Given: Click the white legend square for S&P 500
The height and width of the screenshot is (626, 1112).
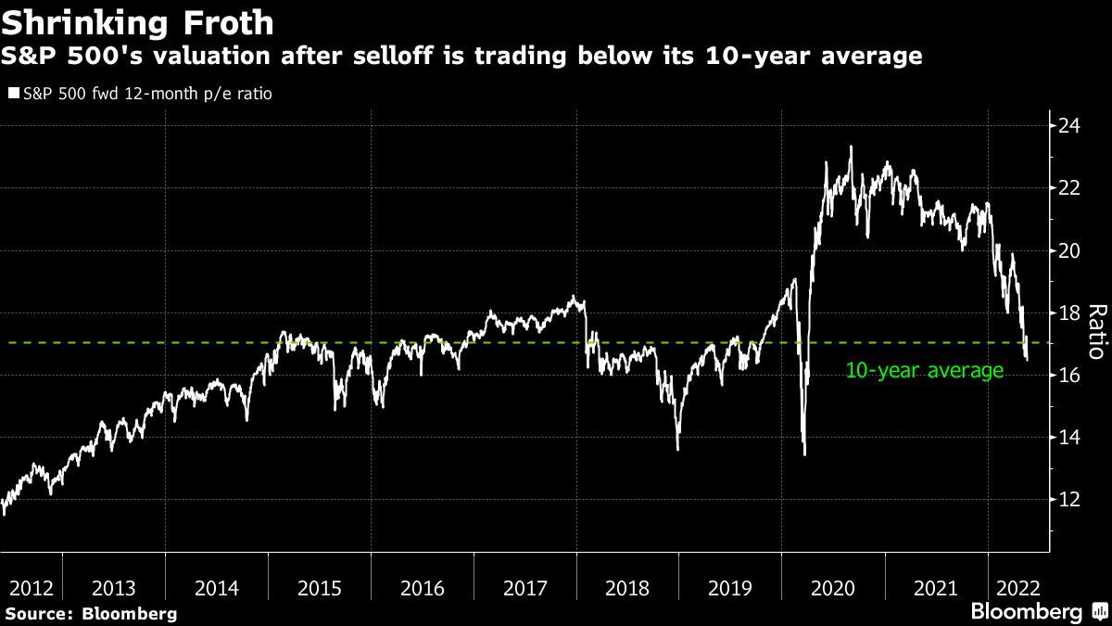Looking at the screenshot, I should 12,94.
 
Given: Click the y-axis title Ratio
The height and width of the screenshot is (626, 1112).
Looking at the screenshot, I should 1094,330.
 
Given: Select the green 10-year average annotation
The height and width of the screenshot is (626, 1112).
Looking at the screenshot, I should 924,371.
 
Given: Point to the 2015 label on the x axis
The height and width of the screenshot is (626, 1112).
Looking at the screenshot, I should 321,589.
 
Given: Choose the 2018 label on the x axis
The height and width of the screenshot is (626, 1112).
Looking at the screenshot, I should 627,589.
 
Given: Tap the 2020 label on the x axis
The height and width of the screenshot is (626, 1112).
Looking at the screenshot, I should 832,589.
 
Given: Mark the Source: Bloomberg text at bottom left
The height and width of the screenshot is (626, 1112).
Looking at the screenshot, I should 90,614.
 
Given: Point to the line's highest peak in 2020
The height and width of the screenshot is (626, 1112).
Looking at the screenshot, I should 851,147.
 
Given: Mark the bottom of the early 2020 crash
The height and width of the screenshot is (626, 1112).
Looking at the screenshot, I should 804,454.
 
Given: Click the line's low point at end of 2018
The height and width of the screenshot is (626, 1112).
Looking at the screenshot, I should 678,449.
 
